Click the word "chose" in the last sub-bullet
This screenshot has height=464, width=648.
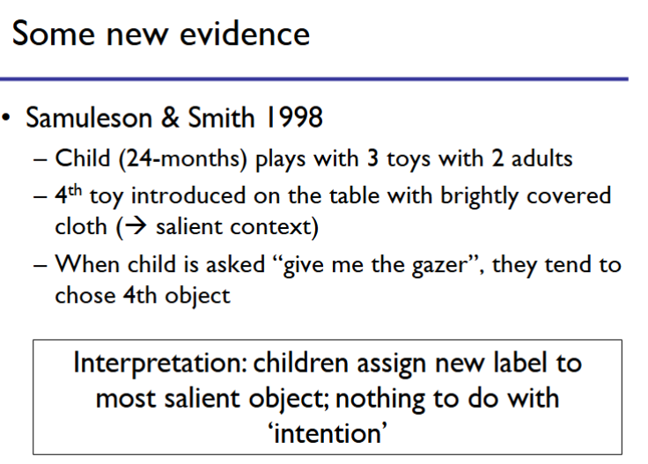pyautogui.click(x=83, y=295)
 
